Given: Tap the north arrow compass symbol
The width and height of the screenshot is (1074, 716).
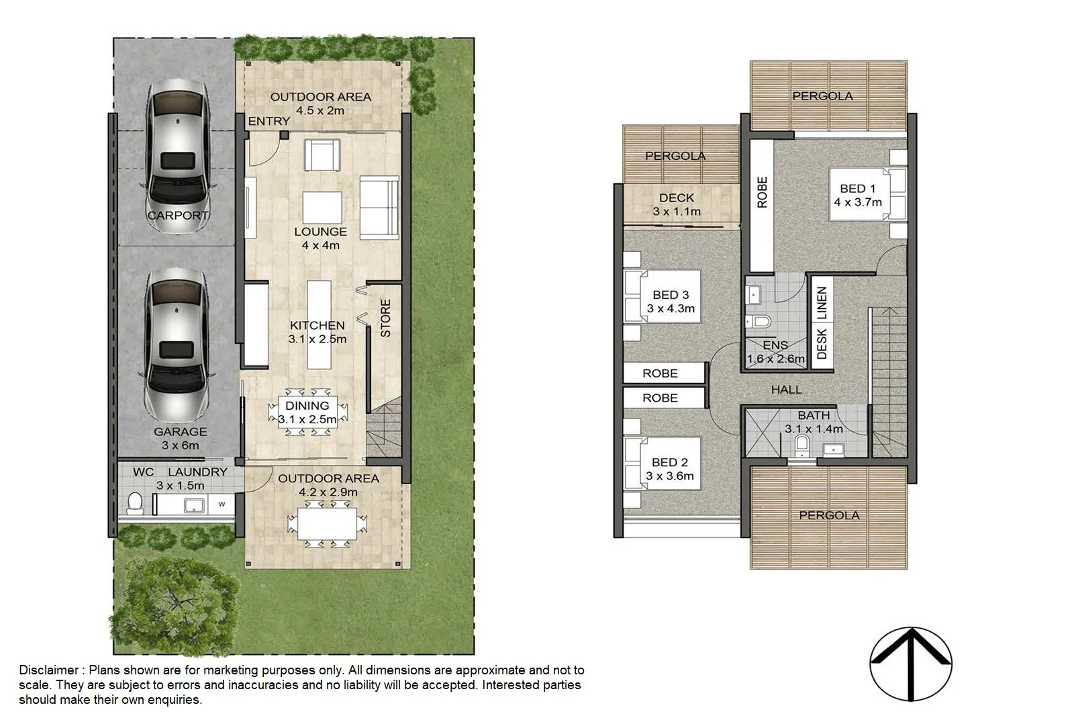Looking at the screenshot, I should pos(911,666).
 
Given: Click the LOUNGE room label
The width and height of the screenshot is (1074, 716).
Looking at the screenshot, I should pos(320,232).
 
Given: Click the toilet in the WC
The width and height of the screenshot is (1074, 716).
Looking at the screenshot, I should pos(136,503).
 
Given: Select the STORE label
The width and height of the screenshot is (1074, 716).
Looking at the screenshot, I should pos(385,318).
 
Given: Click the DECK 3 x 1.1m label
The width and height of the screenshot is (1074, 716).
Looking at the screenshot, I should pos(677,204).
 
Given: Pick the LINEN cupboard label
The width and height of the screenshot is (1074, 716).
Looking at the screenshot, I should pos(822,303).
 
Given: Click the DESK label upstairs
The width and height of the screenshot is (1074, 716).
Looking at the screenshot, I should pos(822,344).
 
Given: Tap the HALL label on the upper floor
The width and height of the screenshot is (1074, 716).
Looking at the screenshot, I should pos(786,390).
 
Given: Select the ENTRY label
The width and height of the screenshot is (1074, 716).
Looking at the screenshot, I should pos(268,121).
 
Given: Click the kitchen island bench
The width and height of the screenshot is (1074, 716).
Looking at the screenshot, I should pos(320,324).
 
